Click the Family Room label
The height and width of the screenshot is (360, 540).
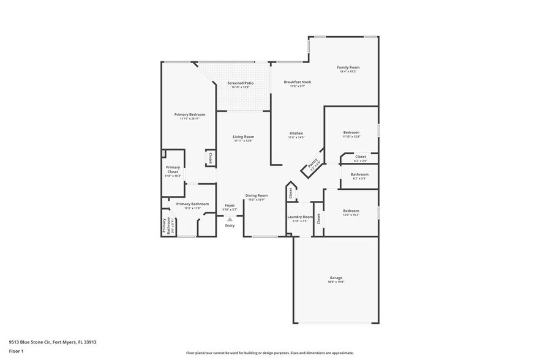pyautogui.click(x=348, y=67)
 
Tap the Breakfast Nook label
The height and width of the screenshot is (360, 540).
pyautogui.click(x=298, y=82)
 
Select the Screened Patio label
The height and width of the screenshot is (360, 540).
pyautogui.click(x=240, y=83)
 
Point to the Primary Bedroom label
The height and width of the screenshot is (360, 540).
pyautogui.click(x=189, y=114)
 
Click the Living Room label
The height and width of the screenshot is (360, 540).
pyautogui.click(x=243, y=137)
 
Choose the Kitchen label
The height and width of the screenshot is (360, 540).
pyautogui.click(x=296, y=133)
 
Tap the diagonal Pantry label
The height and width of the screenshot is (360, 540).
pyautogui.click(x=313, y=163)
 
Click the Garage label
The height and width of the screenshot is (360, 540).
pyautogui.click(x=336, y=277)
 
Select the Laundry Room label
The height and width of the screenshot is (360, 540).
pyautogui.click(x=300, y=217)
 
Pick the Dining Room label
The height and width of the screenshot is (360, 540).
pyautogui.click(x=257, y=195)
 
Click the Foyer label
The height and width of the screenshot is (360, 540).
pyautogui.click(x=230, y=205)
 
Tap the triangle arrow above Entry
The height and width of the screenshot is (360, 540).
pyautogui.click(x=230, y=219)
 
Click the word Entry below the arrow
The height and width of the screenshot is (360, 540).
pyautogui.click(x=230, y=225)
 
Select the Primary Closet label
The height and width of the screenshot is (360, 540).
pyautogui.click(x=173, y=170)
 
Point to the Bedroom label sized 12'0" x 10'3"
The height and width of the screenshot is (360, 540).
pyautogui.click(x=351, y=211)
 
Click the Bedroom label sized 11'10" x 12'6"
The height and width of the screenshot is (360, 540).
pyautogui.click(x=351, y=132)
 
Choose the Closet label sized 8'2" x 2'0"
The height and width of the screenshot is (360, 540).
pyautogui.click(x=361, y=157)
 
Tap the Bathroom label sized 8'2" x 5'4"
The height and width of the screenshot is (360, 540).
pyautogui.click(x=359, y=174)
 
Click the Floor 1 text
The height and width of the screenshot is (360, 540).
pyautogui.click(x=16, y=351)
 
